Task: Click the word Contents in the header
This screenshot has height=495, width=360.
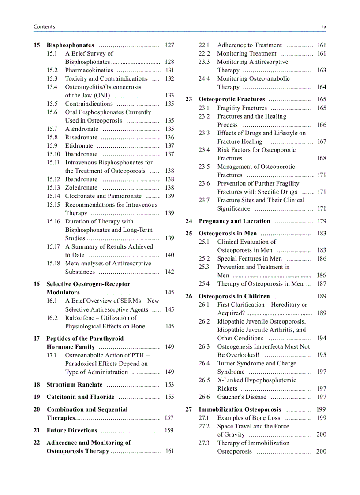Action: pos(44,26)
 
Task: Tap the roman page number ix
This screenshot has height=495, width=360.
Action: pos(324,26)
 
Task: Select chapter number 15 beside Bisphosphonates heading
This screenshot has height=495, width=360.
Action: pos(37,45)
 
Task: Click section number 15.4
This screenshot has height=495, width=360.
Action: pos(52,87)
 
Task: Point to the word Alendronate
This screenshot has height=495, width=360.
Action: pos(82,129)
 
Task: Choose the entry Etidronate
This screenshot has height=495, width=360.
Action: pos(79,145)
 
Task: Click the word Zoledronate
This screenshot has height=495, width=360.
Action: pos(81,187)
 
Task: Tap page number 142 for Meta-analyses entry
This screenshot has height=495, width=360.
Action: pos(169,272)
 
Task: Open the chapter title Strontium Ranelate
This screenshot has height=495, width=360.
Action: pos(74,384)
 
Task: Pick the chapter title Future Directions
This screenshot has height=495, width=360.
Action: pos(72,430)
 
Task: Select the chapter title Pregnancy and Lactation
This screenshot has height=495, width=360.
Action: pos(234,221)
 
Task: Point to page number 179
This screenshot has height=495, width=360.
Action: pos(321,221)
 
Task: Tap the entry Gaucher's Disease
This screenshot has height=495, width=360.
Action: pos(242,397)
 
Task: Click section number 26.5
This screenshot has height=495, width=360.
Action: pos(204,380)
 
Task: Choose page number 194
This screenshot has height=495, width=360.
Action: pos(321,338)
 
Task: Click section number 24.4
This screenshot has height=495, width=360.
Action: pos(204,78)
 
